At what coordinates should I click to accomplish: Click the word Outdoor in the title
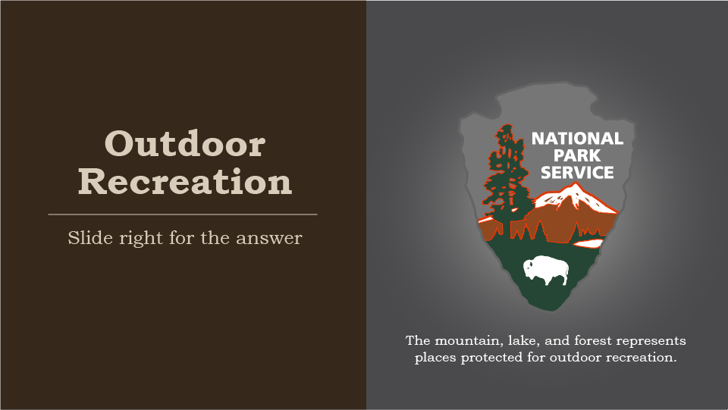[x=184, y=143]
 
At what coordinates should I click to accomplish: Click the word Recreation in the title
[x=184, y=182]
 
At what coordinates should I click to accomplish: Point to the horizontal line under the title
[x=182, y=214]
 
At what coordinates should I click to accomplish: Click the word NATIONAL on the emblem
[x=577, y=139]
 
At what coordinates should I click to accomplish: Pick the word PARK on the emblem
[x=577, y=155]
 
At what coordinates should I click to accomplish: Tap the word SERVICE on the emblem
[x=577, y=173]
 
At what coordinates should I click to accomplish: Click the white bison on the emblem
[x=546, y=270]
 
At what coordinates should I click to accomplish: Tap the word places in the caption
[x=434, y=357]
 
